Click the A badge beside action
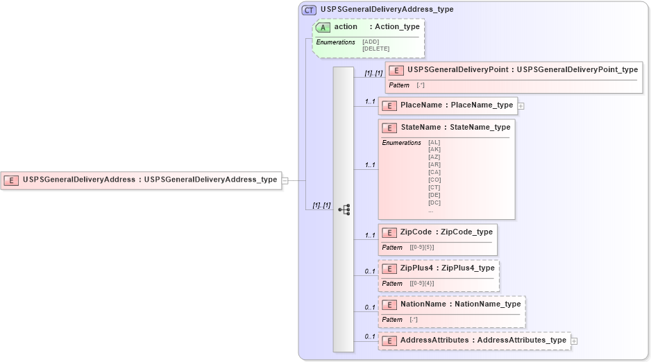pyautogui.click(x=323, y=27)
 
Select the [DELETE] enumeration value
pyautogui.click(x=375, y=49)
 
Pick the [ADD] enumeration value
pyautogui.click(x=371, y=42)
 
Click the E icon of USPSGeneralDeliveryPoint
pyautogui.click(x=396, y=70)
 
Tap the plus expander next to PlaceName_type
pyautogui.click(x=521, y=106)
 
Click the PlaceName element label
pyautogui.click(x=421, y=105)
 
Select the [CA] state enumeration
pyautogui.click(x=434, y=172)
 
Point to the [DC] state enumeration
pyautogui.click(x=434, y=202)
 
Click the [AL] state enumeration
pyautogui.click(x=434, y=142)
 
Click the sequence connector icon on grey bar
pyautogui.click(x=344, y=209)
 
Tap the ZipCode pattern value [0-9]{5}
pyautogui.click(x=422, y=247)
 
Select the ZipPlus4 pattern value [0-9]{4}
pyautogui.click(x=422, y=283)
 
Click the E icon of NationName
pyautogui.click(x=389, y=304)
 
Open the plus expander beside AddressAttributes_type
pyautogui.click(x=574, y=341)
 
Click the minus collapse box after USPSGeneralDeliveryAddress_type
pyautogui.click(x=285, y=180)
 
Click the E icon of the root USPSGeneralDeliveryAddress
pyautogui.click(x=12, y=180)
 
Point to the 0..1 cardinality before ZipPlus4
pyautogui.click(x=370, y=271)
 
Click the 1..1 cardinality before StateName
pyautogui.click(x=370, y=165)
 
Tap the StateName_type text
pyautogui.click(x=480, y=128)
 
